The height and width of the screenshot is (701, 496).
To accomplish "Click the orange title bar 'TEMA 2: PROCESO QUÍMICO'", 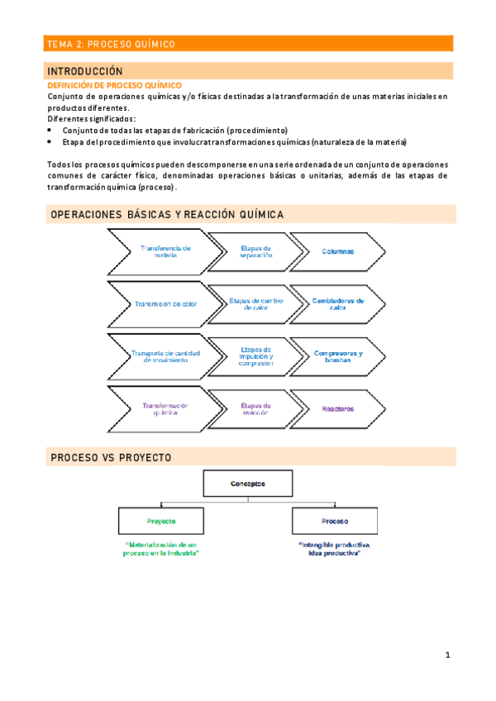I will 247,44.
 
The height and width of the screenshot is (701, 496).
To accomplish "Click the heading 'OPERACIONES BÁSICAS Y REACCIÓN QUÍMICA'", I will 167,215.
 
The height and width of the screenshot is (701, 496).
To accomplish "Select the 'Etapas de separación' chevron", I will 255,251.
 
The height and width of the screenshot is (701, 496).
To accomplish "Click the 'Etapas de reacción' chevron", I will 255,408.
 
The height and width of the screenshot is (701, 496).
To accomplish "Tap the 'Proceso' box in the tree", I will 334,522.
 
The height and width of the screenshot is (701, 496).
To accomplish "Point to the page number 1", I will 447,656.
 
